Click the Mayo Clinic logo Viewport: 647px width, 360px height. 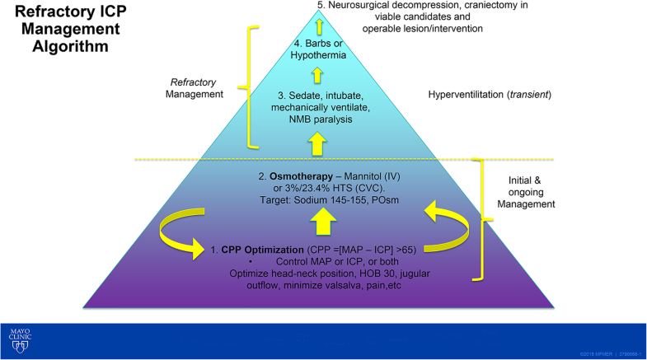[x=20, y=339]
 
